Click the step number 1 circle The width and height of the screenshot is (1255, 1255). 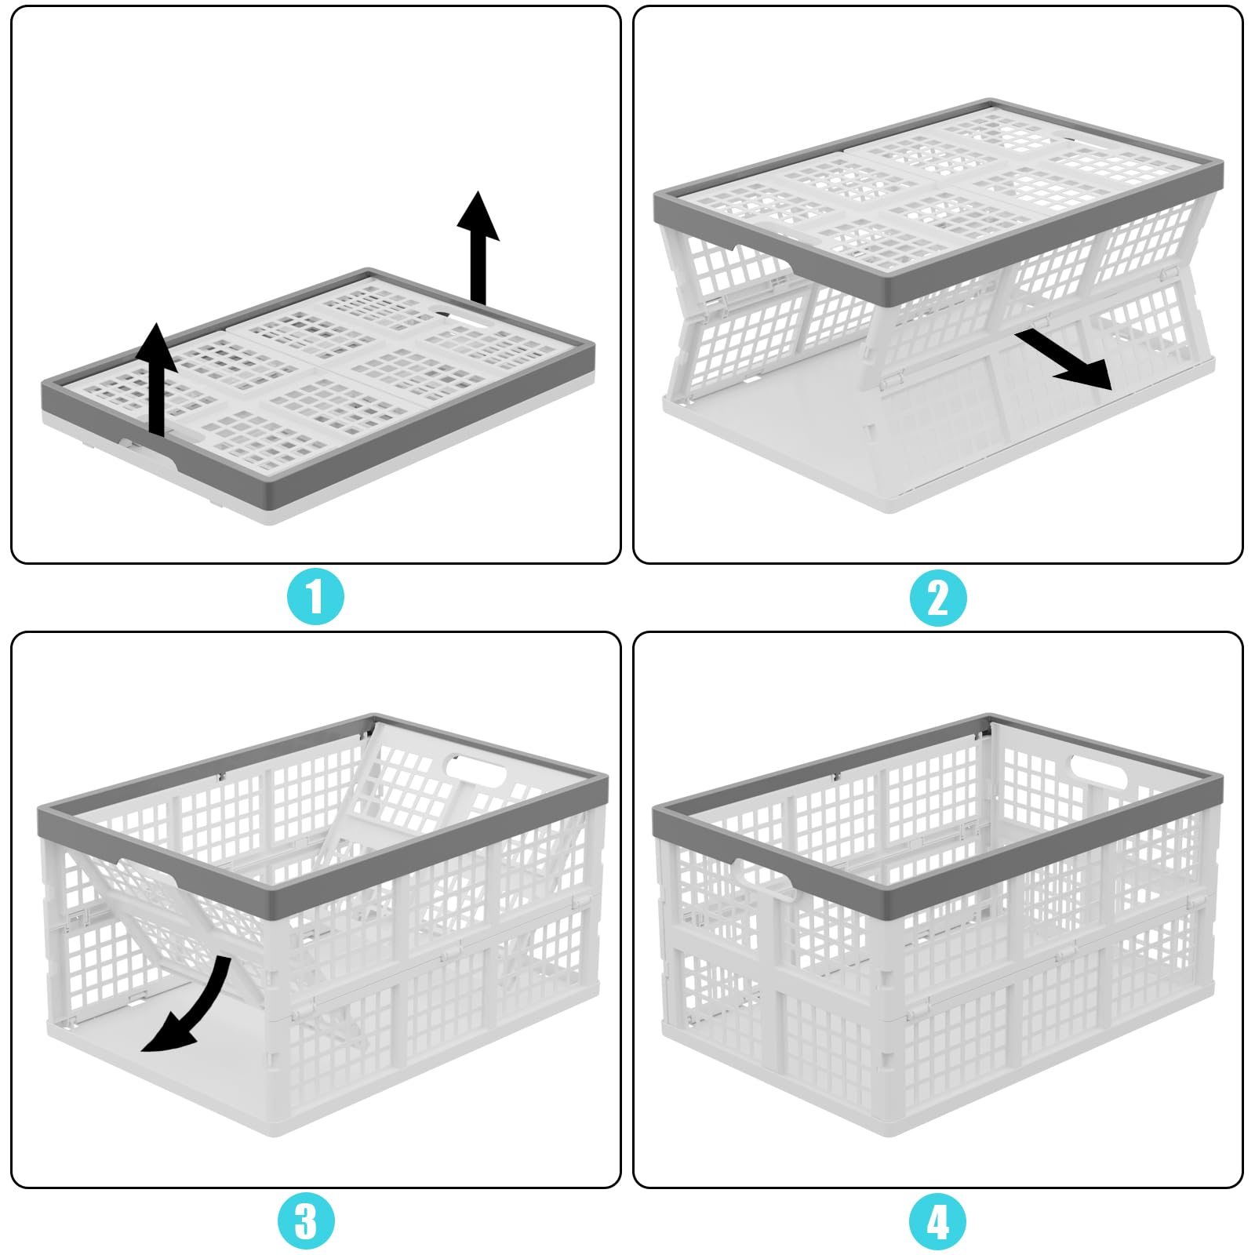pos(315,597)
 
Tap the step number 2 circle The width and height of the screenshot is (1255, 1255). pos(938,597)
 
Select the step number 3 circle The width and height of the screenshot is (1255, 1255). pos(306,1220)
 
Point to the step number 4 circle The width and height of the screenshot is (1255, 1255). pos(938,1221)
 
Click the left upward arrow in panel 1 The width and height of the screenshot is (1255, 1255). pos(157,379)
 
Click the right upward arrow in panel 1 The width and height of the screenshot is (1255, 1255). pos(478,247)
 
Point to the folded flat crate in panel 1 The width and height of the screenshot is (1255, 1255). pos(318,396)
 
